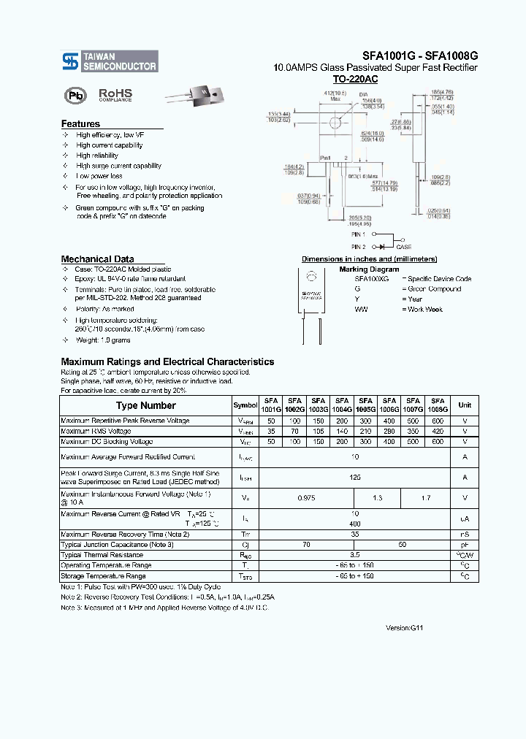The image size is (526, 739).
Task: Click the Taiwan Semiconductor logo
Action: [110, 61]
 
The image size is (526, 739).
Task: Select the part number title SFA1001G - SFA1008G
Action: [420, 55]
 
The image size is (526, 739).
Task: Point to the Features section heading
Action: [80, 124]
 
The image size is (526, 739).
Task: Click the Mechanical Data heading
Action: [97, 259]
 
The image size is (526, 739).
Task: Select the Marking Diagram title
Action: [369, 269]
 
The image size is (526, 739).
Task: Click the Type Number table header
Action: [146, 405]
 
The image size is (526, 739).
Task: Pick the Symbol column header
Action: [245, 405]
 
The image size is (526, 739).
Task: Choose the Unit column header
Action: [465, 405]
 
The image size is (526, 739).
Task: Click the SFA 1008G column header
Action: [438, 405]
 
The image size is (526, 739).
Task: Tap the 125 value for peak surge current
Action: [355, 478]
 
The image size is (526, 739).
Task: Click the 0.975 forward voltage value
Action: [307, 498]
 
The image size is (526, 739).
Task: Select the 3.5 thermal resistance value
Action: [355, 555]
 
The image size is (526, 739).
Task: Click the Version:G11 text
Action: [404, 628]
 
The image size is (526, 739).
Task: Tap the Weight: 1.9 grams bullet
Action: [103, 340]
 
